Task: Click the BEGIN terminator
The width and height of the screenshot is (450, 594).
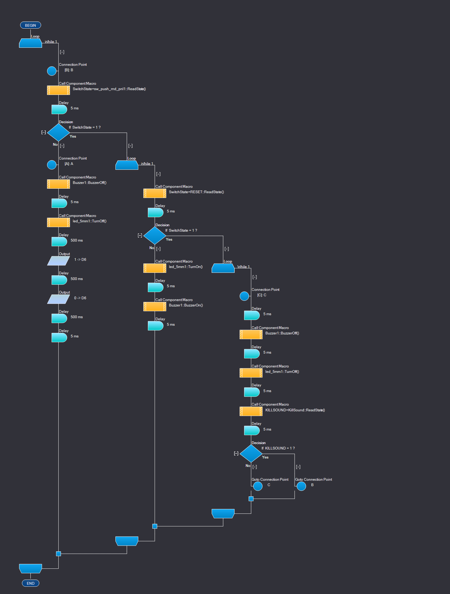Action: tap(30, 25)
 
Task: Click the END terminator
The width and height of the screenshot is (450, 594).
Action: tap(30, 583)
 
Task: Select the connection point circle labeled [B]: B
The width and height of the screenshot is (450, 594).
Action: tap(52, 71)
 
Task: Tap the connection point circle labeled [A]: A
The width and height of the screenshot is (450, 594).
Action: tap(52, 165)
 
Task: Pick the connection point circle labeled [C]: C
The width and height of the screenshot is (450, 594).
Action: tap(244, 296)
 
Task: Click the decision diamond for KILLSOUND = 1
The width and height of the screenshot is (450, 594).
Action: tap(251, 453)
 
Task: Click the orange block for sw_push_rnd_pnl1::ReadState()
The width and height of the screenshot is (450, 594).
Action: tap(59, 90)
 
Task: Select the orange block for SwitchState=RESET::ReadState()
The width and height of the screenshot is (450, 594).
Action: tap(155, 193)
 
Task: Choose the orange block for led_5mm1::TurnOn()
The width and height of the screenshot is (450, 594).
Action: tap(155, 268)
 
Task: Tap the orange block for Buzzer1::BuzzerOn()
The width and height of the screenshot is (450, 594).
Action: tap(155, 306)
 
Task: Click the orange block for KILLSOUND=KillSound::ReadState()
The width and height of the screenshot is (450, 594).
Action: tap(251, 411)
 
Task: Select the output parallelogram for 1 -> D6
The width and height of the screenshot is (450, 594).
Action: tap(59, 261)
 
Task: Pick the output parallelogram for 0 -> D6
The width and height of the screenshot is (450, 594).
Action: tap(59, 299)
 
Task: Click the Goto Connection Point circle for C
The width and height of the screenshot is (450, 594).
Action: tap(258, 486)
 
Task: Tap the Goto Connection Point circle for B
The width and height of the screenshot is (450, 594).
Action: tap(301, 486)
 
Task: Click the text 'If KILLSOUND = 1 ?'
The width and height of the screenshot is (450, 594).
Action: tap(278, 448)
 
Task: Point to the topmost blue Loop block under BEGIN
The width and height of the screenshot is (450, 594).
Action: tap(30, 43)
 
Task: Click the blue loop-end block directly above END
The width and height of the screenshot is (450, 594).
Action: tap(30, 568)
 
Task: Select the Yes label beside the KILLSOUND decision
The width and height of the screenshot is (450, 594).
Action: tap(265, 457)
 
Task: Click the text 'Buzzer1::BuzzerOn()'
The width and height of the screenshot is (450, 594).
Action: tap(186, 305)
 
